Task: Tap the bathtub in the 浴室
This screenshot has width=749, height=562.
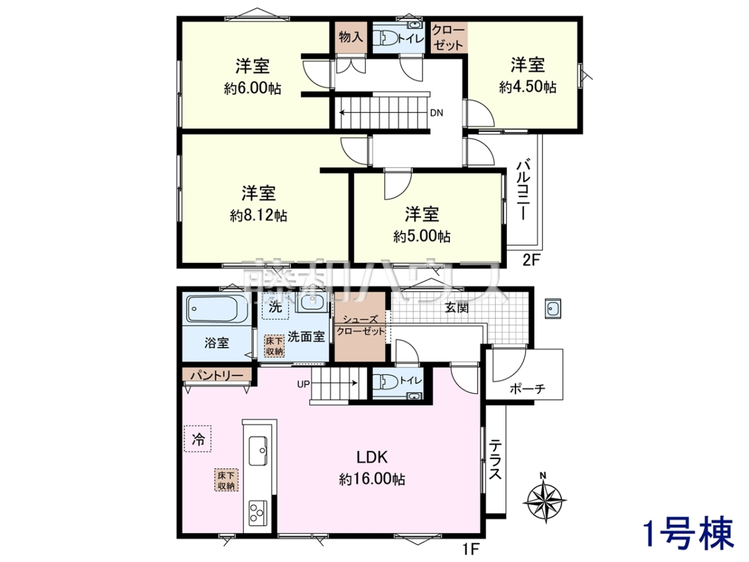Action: click(x=218, y=309)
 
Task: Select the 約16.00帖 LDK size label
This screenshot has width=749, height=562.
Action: click(x=372, y=480)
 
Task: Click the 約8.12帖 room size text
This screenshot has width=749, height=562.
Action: click(x=258, y=216)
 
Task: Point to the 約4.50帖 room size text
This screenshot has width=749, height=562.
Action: click(x=527, y=87)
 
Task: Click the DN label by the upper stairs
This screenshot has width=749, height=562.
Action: click(x=436, y=113)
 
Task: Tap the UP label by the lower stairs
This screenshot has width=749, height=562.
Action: click(x=303, y=384)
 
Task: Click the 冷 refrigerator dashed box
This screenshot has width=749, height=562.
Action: click(x=198, y=438)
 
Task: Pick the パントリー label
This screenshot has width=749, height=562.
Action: click(x=217, y=376)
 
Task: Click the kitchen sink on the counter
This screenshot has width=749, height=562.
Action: click(x=258, y=450)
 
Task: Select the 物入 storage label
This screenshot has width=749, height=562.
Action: click(x=350, y=37)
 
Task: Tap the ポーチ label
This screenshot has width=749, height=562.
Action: click(x=527, y=388)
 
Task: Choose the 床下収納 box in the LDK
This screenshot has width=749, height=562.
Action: click(x=226, y=480)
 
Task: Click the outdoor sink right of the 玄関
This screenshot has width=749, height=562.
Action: click(x=553, y=308)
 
